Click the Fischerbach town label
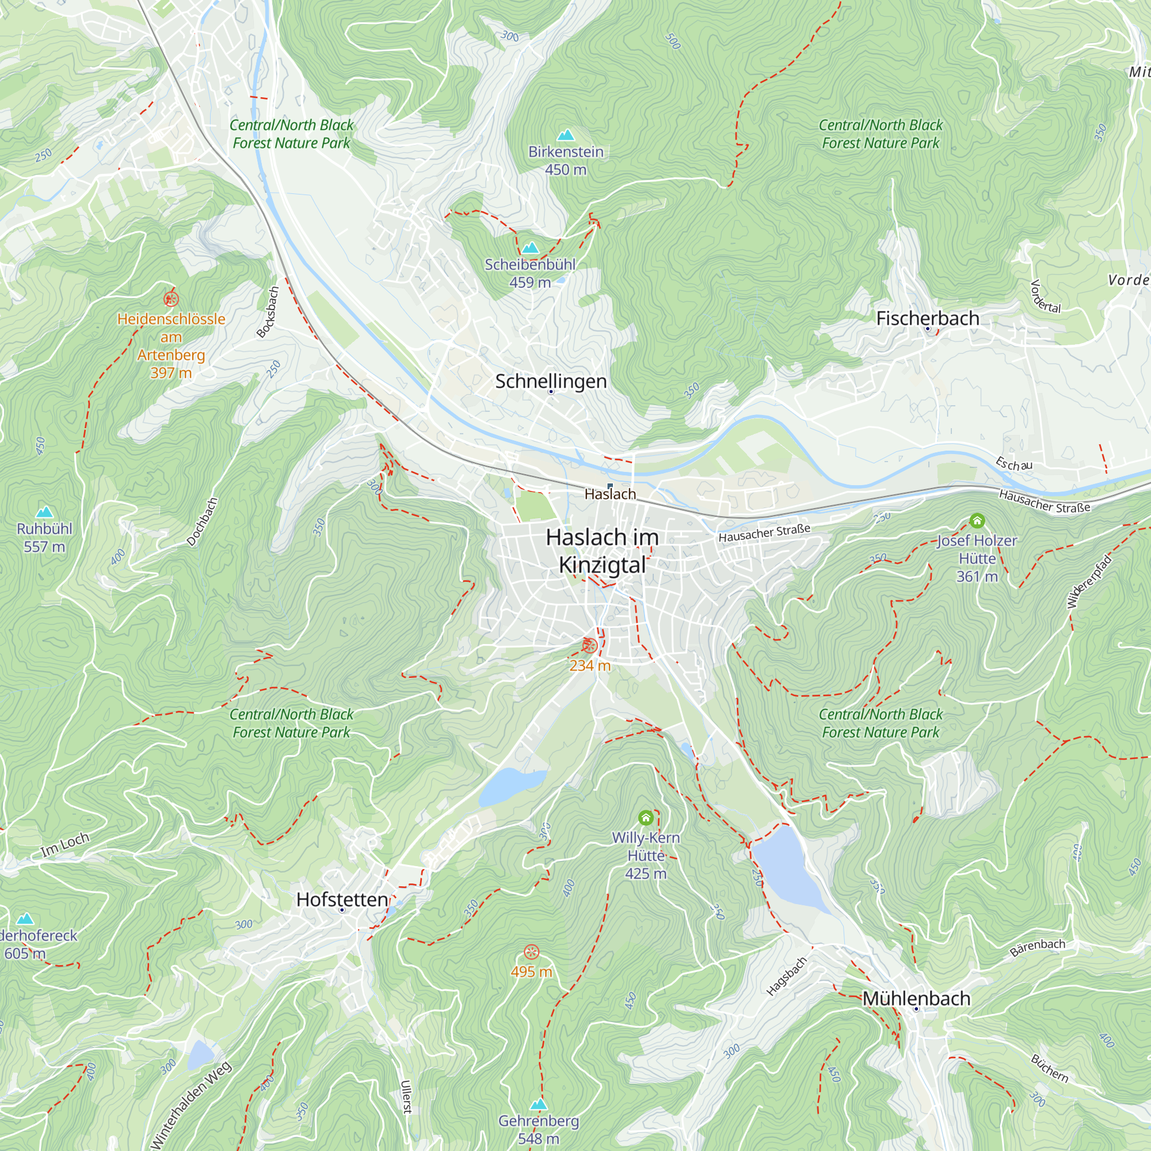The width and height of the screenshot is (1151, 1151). point(927,318)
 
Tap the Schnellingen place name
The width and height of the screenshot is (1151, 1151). point(551,382)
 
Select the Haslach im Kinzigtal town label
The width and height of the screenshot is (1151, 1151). point(603,551)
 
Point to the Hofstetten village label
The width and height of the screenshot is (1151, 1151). point(342,899)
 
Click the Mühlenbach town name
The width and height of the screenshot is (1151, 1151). point(916,998)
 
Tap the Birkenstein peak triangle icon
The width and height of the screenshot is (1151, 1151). point(565,135)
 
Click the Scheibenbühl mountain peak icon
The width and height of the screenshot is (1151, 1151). point(529,248)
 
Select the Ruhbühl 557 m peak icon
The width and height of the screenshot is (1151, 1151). point(44,512)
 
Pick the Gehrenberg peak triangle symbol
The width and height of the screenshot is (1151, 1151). point(538,1104)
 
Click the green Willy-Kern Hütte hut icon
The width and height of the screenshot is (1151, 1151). point(645,817)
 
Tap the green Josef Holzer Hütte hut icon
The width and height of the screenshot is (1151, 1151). point(977,521)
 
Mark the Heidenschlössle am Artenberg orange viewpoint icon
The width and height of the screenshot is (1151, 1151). point(171,299)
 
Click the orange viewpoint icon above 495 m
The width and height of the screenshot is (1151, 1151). point(531,952)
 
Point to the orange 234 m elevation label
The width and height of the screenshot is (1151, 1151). point(590,665)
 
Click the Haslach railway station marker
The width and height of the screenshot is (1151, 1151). point(609,486)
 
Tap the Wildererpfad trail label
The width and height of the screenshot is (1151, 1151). point(1089,581)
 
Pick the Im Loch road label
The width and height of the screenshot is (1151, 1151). point(65,844)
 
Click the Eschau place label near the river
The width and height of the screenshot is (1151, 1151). point(1014,464)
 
